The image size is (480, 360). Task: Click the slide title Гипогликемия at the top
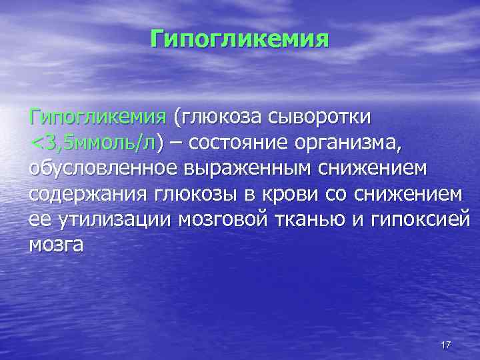click(240, 38)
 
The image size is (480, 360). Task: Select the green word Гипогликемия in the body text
click(97, 118)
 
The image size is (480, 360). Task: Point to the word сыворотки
click(323, 118)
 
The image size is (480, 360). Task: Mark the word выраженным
click(243, 169)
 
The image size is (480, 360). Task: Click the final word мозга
click(56, 245)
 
